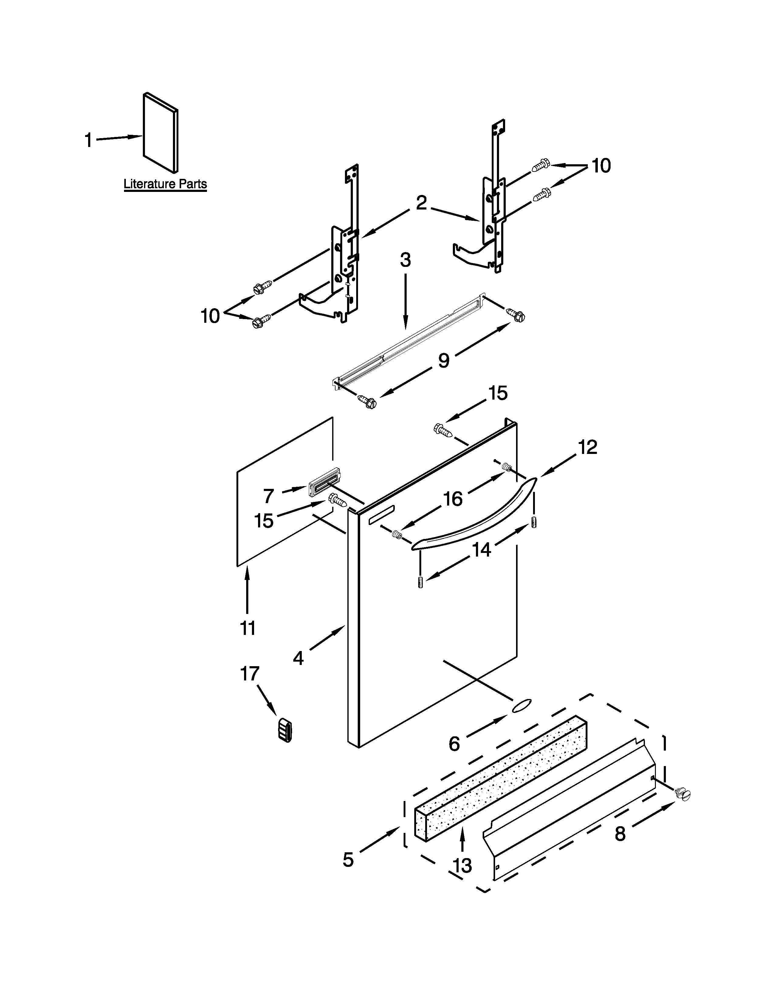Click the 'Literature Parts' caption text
coord(165,184)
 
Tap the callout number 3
coord(405,260)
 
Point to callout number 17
coord(250,674)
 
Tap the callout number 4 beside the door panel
coord(298,658)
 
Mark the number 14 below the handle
coord(482,549)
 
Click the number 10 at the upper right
coord(601,165)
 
